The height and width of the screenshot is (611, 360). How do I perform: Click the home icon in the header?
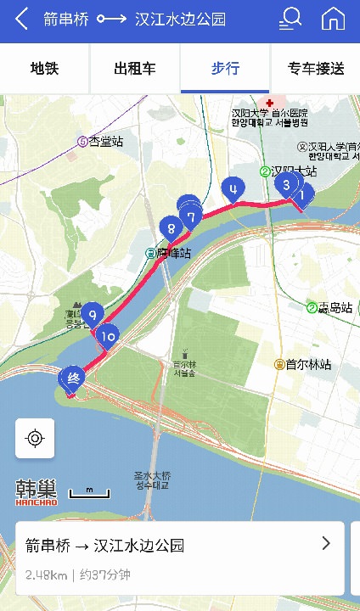(x=333, y=19)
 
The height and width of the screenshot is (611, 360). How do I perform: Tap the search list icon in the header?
(x=290, y=19)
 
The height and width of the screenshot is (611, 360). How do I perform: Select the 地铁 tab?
(x=44, y=69)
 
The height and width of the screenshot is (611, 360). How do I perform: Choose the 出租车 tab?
(x=135, y=69)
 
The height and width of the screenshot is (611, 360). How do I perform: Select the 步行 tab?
(x=225, y=69)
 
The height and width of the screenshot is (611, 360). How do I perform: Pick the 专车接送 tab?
(x=316, y=69)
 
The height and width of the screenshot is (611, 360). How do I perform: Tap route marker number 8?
(x=171, y=227)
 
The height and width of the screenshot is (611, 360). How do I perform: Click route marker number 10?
(x=107, y=336)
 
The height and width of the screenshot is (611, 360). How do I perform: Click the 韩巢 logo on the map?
(x=37, y=491)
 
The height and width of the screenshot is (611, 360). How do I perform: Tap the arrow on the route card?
(x=326, y=544)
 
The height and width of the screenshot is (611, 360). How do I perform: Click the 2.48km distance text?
(x=46, y=575)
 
